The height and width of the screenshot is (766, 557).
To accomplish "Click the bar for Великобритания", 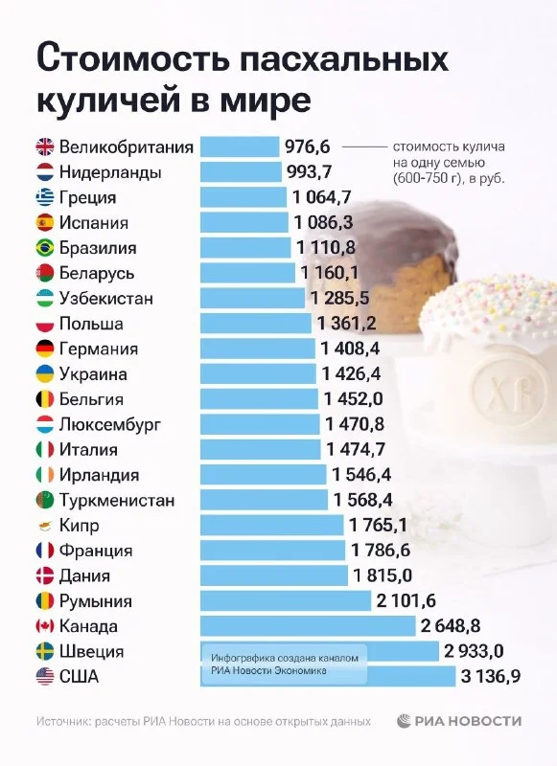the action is pyautogui.click(x=240, y=146).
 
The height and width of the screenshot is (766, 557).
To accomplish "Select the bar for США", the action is pyautogui.click(x=328, y=676).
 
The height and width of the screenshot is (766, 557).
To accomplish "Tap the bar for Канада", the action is pyautogui.click(x=308, y=626).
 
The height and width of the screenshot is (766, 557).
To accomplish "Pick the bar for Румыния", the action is pyautogui.click(x=286, y=600).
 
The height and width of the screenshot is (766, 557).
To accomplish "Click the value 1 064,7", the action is pyautogui.click(x=322, y=197).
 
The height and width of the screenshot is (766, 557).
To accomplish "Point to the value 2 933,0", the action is pyautogui.click(x=474, y=651).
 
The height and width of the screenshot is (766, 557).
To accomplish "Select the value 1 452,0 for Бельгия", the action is pyautogui.click(x=353, y=398).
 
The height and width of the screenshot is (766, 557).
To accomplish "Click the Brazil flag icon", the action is pyautogui.click(x=45, y=248).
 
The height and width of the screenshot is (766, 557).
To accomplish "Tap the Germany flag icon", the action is pyautogui.click(x=45, y=349).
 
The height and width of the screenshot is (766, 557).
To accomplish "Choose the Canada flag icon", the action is pyautogui.click(x=45, y=626).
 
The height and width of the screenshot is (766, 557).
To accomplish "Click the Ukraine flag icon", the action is pyautogui.click(x=45, y=373).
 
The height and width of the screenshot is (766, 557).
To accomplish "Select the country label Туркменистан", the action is pyautogui.click(x=117, y=500).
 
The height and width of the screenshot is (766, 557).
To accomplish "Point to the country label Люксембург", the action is pyautogui.click(x=110, y=424).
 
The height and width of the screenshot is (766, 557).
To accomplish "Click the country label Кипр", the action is pyautogui.click(x=80, y=526).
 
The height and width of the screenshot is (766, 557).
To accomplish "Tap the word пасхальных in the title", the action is pyautogui.click(x=344, y=59).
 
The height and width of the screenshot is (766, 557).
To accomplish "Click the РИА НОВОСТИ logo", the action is pyautogui.click(x=458, y=721).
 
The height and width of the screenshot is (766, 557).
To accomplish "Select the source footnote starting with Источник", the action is pyautogui.click(x=203, y=722).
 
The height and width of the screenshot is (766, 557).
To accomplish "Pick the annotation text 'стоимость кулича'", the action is pyautogui.click(x=449, y=146).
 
